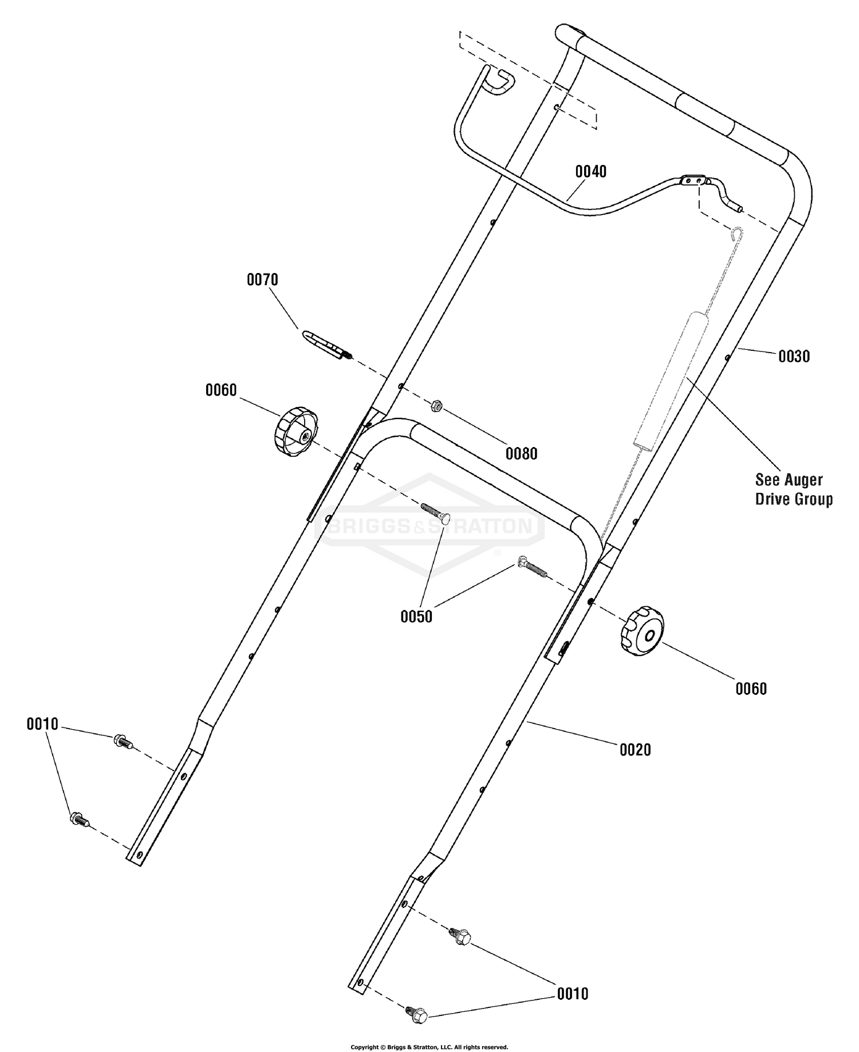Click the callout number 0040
coord(590,171)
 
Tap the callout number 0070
coord(262,279)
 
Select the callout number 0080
coord(521,453)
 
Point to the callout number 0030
coord(794,356)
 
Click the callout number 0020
coord(635,749)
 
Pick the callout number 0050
coord(416,616)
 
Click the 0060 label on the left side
coord(221,390)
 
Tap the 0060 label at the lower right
coord(751,689)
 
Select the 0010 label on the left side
coord(42,724)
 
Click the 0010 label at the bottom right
coord(573,994)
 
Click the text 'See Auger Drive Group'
coord(794,489)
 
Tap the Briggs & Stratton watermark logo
coord(429,525)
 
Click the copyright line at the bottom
coord(429,1047)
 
